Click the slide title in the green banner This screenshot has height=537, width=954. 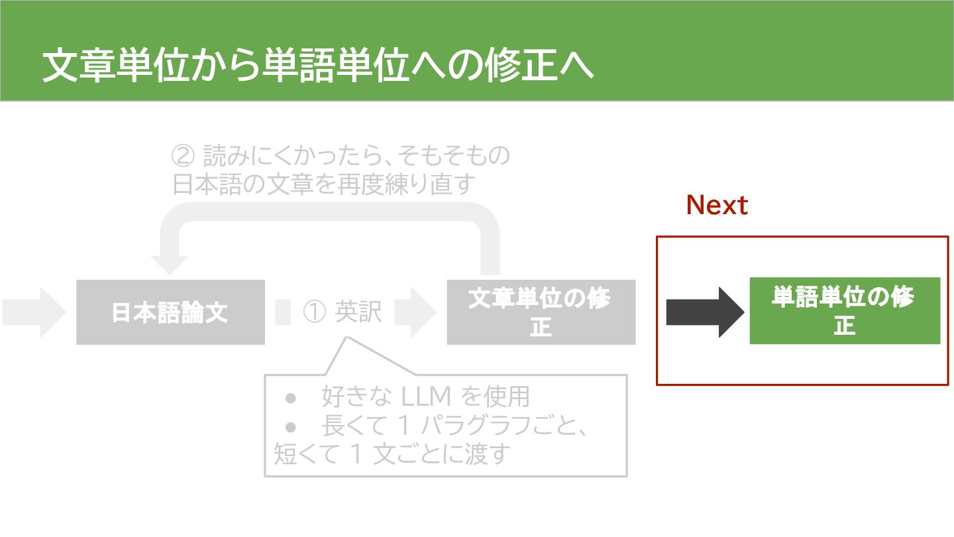point(317,67)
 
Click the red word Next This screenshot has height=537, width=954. point(717,206)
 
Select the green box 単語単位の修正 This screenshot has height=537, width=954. point(845,311)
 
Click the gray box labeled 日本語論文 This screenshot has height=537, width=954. point(170,312)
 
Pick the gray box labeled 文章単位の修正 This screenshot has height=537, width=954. point(541,312)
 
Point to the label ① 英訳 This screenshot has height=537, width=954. point(343,312)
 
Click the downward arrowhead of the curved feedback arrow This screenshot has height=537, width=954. point(168,264)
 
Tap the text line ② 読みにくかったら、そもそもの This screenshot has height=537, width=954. point(341,156)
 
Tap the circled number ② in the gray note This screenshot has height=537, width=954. point(182,156)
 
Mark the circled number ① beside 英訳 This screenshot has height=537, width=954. point(313,312)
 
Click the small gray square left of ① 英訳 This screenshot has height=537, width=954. point(283,312)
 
